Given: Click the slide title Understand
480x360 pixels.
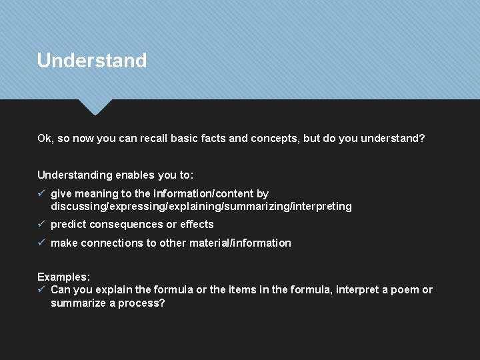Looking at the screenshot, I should click(92, 61).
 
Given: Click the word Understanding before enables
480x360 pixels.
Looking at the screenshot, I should click(75, 175).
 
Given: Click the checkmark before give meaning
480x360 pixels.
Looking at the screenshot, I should click(41, 193).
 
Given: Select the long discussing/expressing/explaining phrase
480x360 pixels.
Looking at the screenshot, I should click(201, 207).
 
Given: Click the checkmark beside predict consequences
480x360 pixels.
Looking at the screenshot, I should click(41, 224).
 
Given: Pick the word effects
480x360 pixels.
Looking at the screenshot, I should click(197, 225).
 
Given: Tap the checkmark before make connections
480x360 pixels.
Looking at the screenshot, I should click(41, 243).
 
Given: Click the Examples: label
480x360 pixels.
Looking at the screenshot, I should click(63, 277).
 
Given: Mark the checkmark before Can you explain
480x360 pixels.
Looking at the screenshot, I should click(41, 289).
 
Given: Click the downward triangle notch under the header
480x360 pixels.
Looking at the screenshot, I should click(95, 107).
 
